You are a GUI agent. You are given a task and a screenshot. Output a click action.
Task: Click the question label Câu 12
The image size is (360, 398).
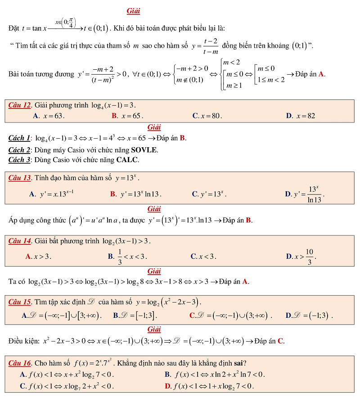20,105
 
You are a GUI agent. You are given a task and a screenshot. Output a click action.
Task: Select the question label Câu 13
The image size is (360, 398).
20,177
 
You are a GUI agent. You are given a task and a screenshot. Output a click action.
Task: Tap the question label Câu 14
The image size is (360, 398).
20,241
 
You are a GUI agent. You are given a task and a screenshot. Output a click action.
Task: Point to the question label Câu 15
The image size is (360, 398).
20,301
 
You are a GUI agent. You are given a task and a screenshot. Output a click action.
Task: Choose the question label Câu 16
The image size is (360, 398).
20,362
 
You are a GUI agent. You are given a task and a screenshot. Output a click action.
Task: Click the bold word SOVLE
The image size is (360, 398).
144,149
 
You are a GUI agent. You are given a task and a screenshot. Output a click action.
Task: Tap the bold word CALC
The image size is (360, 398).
128,159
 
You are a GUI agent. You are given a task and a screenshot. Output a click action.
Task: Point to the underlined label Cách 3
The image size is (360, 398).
19,159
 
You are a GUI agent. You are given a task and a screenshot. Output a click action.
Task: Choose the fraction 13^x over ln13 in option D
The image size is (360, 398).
315,194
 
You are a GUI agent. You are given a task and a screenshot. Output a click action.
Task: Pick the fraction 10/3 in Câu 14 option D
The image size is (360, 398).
310,257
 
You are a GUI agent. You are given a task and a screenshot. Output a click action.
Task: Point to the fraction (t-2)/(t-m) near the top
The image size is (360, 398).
211,45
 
